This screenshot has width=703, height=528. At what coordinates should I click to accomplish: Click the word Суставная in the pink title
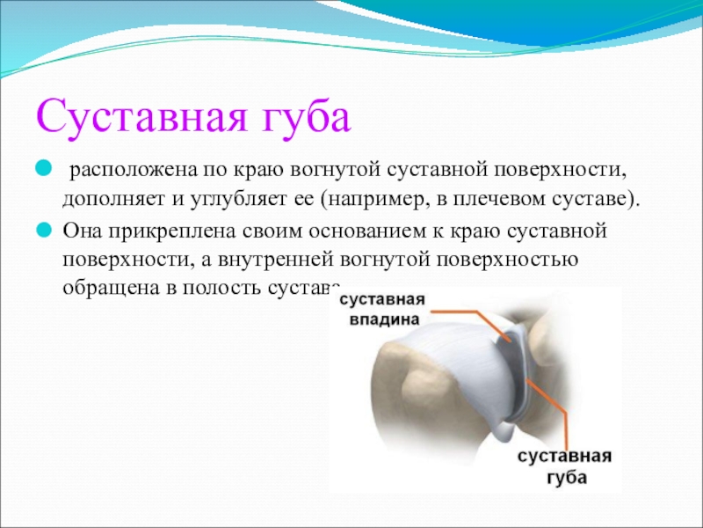tap(141, 119)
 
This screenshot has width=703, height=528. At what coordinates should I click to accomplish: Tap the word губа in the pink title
tap(306, 117)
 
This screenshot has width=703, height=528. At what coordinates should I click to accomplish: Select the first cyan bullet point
tap(43, 170)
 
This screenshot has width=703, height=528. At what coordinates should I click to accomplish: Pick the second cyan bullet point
tap(43, 231)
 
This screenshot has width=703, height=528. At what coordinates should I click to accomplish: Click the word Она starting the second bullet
tap(81, 231)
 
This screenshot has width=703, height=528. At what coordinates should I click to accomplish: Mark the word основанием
tap(366, 231)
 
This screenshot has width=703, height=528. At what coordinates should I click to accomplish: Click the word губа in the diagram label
tap(566, 476)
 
